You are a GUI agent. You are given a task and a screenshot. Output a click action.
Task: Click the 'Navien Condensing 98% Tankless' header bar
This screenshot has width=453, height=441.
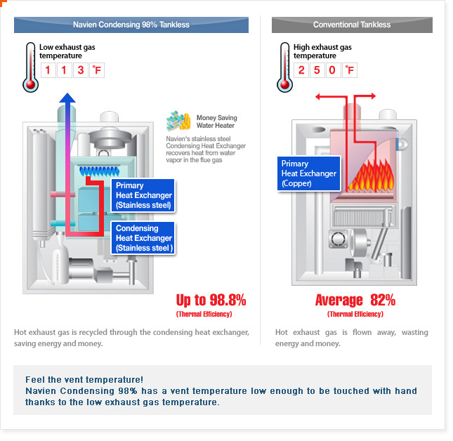click(131, 25)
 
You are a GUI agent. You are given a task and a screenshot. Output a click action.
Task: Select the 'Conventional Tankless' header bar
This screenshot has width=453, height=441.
click(352, 25)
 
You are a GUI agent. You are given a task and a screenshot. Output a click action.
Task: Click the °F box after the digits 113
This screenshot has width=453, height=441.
click(96, 70)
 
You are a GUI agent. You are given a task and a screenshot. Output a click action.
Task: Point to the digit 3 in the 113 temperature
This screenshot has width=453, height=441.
click(81, 70)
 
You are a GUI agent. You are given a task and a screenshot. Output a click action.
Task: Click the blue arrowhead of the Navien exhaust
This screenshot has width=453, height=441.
click(67, 100)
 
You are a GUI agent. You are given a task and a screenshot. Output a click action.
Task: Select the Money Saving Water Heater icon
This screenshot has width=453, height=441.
click(178, 121)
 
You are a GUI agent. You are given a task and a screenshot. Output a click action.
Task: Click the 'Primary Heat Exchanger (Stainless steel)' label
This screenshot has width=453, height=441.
click(143, 196)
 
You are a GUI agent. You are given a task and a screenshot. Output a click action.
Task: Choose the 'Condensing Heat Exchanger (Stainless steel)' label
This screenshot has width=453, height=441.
click(143, 238)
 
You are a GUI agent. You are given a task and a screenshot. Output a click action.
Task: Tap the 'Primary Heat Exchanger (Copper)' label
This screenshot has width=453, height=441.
click(308, 173)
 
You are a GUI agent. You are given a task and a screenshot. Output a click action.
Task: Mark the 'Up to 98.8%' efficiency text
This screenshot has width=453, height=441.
click(211, 300)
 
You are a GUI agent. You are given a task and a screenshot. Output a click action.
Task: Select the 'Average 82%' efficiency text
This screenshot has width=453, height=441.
click(355, 300)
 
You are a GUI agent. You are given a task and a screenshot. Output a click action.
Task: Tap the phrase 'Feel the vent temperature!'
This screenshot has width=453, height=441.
click(84, 379)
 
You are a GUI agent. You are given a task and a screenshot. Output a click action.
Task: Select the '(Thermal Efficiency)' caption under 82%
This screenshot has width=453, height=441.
click(355, 314)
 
